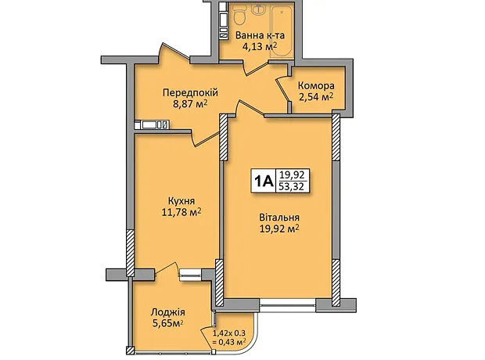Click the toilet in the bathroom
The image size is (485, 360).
tap(239, 16)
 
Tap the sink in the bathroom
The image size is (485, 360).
tap(257, 9)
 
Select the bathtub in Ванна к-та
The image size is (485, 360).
tap(282, 32)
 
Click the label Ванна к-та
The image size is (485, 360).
tap(260, 35)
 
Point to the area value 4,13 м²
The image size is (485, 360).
tap(260, 47)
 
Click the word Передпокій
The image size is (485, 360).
tap(190, 92)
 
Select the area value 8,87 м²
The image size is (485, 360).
tap(190, 104)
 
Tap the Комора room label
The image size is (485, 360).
tap(316, 86)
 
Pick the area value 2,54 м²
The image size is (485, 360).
tap(316, 97)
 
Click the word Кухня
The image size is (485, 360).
tap(181, 201)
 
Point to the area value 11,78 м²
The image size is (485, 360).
tap(181, 212)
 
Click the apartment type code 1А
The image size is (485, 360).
tap(264, 181)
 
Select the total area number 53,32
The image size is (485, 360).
tap(291, 187)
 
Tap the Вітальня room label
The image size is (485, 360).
tap(279, 218)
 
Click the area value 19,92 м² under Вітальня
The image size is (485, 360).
tap(279, 229)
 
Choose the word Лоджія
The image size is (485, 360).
tap(167, 312)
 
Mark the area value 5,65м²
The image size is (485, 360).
tap(167, 323)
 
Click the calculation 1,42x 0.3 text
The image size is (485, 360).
tap(229, 333)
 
